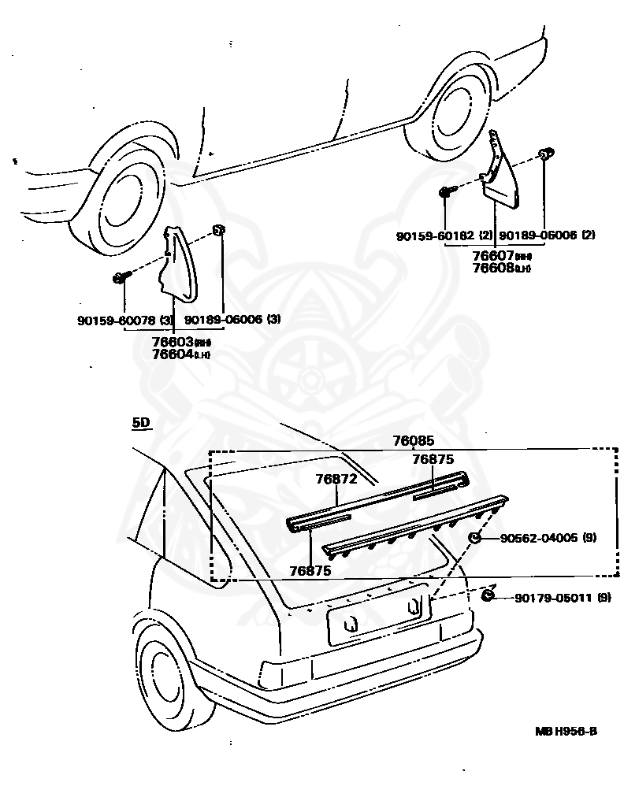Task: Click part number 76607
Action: point(493,255)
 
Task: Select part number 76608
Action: point(493,268)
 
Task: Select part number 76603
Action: point(173,342)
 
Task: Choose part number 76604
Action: point(173,354)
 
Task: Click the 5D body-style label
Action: point(140,423)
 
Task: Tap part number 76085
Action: point(414,442)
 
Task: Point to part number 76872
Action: point(336,478)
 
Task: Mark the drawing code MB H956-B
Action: point(566,731)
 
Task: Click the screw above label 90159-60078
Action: point(121,277)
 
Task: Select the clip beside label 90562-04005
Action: point(476,538)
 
